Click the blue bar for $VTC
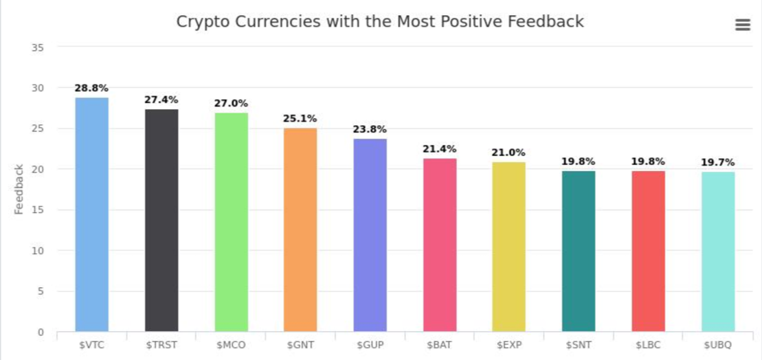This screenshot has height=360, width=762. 91,214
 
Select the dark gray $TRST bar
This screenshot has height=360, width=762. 161,220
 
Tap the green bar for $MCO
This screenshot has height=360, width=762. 231,222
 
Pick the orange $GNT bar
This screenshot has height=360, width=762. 300,229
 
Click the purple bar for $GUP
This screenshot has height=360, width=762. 370,235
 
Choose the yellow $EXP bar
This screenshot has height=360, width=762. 509,247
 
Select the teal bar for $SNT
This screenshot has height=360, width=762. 579,251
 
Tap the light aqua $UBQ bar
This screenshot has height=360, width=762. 718,251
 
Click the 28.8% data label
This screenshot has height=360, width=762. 91,88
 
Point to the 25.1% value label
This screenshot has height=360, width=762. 300,118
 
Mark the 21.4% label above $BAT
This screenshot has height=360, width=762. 440,149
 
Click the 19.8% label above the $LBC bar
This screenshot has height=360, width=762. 649,161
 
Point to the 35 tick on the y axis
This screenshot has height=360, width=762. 38,47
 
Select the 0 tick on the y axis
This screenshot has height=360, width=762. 41,332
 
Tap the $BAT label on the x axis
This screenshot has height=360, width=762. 440,344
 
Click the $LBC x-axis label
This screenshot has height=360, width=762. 649,344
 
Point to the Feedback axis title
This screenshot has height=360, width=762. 19,189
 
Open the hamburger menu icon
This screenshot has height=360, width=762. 742,25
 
